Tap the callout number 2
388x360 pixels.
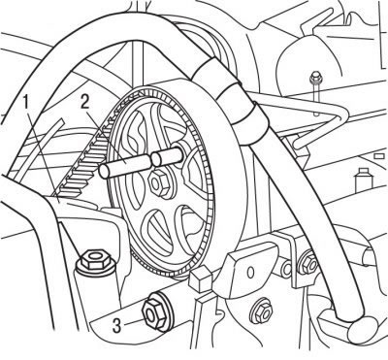click(x=85, y=102)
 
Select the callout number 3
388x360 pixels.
click(x=116, y=325)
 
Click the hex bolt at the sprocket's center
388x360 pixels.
click(x=159, y=183)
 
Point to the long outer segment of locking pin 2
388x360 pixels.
click(x=125, y=166)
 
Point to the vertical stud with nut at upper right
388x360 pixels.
click(x=315, y=93)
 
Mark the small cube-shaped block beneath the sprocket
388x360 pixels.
click(x=201, y=278)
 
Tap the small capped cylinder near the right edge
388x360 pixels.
click(x=364, y=179)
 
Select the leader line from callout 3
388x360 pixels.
click(x=133, y=322)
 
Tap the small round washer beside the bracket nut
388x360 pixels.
click(x=287, y=268)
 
